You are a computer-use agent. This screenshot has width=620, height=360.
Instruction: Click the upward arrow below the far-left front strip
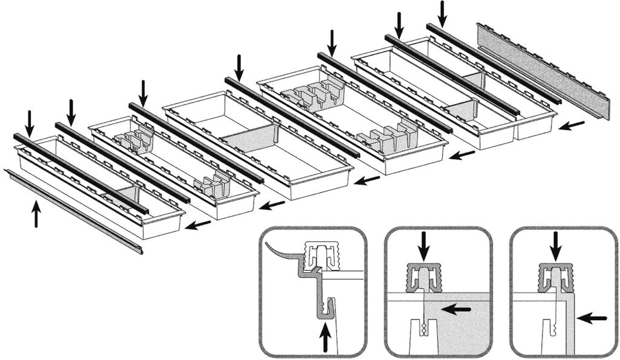pyautogui.click(x=36, y=214)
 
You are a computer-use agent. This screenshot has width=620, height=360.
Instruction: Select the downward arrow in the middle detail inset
pyautogui.click(x=424, y=246)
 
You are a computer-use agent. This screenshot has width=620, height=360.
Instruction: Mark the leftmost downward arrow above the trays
pyautogui.click(x=30, y=122)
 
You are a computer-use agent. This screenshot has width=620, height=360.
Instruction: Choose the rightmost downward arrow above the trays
pyautogui.click(x=443, y=13)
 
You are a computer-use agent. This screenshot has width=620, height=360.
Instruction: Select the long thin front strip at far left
pyautogui.click(x=73, y=210)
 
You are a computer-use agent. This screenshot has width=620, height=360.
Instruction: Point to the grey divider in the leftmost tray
pyautogui.click(x=124, y=195)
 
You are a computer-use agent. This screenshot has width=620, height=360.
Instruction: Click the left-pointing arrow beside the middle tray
pyautogui.click(x=367, y=180)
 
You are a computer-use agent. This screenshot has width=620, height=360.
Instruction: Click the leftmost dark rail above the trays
pyautogui.click(x=79, y=172)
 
